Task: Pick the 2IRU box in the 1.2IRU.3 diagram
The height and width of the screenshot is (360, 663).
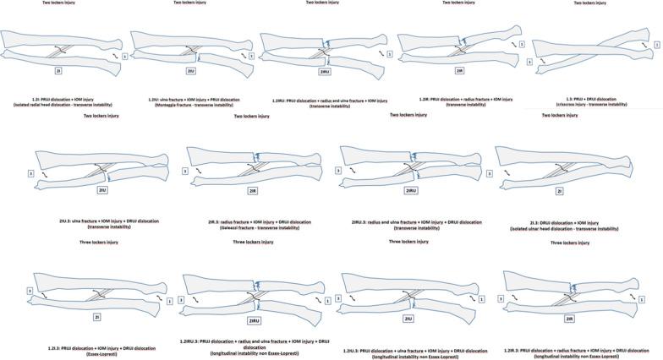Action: [253, 321]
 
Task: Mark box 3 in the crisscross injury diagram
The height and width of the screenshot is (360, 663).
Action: [529, 61]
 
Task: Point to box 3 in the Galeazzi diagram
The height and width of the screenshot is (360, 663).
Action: [190, 172]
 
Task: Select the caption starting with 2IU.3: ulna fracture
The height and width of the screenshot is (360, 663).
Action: [99, 221]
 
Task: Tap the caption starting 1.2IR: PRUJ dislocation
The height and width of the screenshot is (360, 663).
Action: [458, 98]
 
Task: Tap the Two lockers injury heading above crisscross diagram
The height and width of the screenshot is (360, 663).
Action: [589, 3]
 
